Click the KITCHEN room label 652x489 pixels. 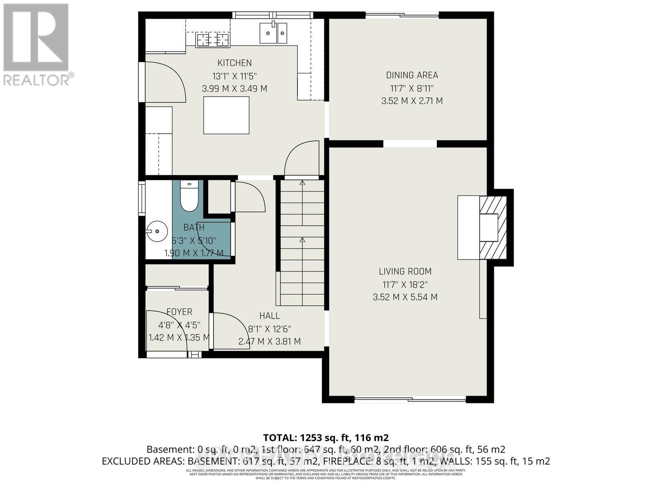(234, 63)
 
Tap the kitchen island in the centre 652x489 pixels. (226, 115)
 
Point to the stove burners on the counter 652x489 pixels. (213, 40)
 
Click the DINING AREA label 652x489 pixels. (412, 75)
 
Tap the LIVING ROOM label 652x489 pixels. (405, 271)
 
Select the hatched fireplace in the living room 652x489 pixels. (493, 227)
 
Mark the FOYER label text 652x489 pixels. (179, 312)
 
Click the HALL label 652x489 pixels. (269, 316)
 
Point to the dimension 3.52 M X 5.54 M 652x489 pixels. (405, 297)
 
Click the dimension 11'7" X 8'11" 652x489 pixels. (412, 88)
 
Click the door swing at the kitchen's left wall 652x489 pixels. (165, 81)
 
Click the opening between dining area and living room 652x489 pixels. (410, 143)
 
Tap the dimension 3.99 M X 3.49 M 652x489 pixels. (234, 88)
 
